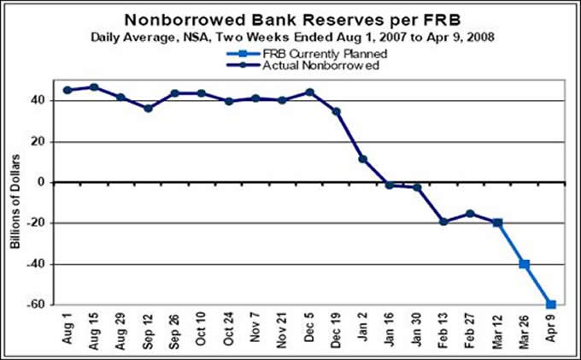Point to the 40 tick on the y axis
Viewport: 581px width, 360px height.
pyautogui.click(x=39, y=100)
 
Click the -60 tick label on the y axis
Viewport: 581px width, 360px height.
pyautogui.click(x=37, y=305)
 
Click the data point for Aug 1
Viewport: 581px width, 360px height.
pyautogui.click(x=67, y=90)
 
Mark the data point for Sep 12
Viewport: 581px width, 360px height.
pyautogui.click(x=148, y=109)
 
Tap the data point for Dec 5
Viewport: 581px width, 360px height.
pyautogui.click(x=309, y=92)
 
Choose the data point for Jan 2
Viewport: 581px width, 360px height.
pyautogui.click(x=363, y=159)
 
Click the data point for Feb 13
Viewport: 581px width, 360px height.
pyautogui.click(x=443, y=221)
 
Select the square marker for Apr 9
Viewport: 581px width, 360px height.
pyautogui.click(x=551, y=304)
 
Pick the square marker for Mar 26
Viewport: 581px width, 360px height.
pyautogui.click(x=525, y=264)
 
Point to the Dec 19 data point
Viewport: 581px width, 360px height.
pyautogui.click(x=337, y=111)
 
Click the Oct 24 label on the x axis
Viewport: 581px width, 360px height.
pyautogui.click(x=227, y=330)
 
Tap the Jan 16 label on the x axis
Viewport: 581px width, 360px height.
pyautogui.click(x=389, y=330)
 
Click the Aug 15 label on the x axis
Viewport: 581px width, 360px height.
pyautogui.click(x=94, y=330)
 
